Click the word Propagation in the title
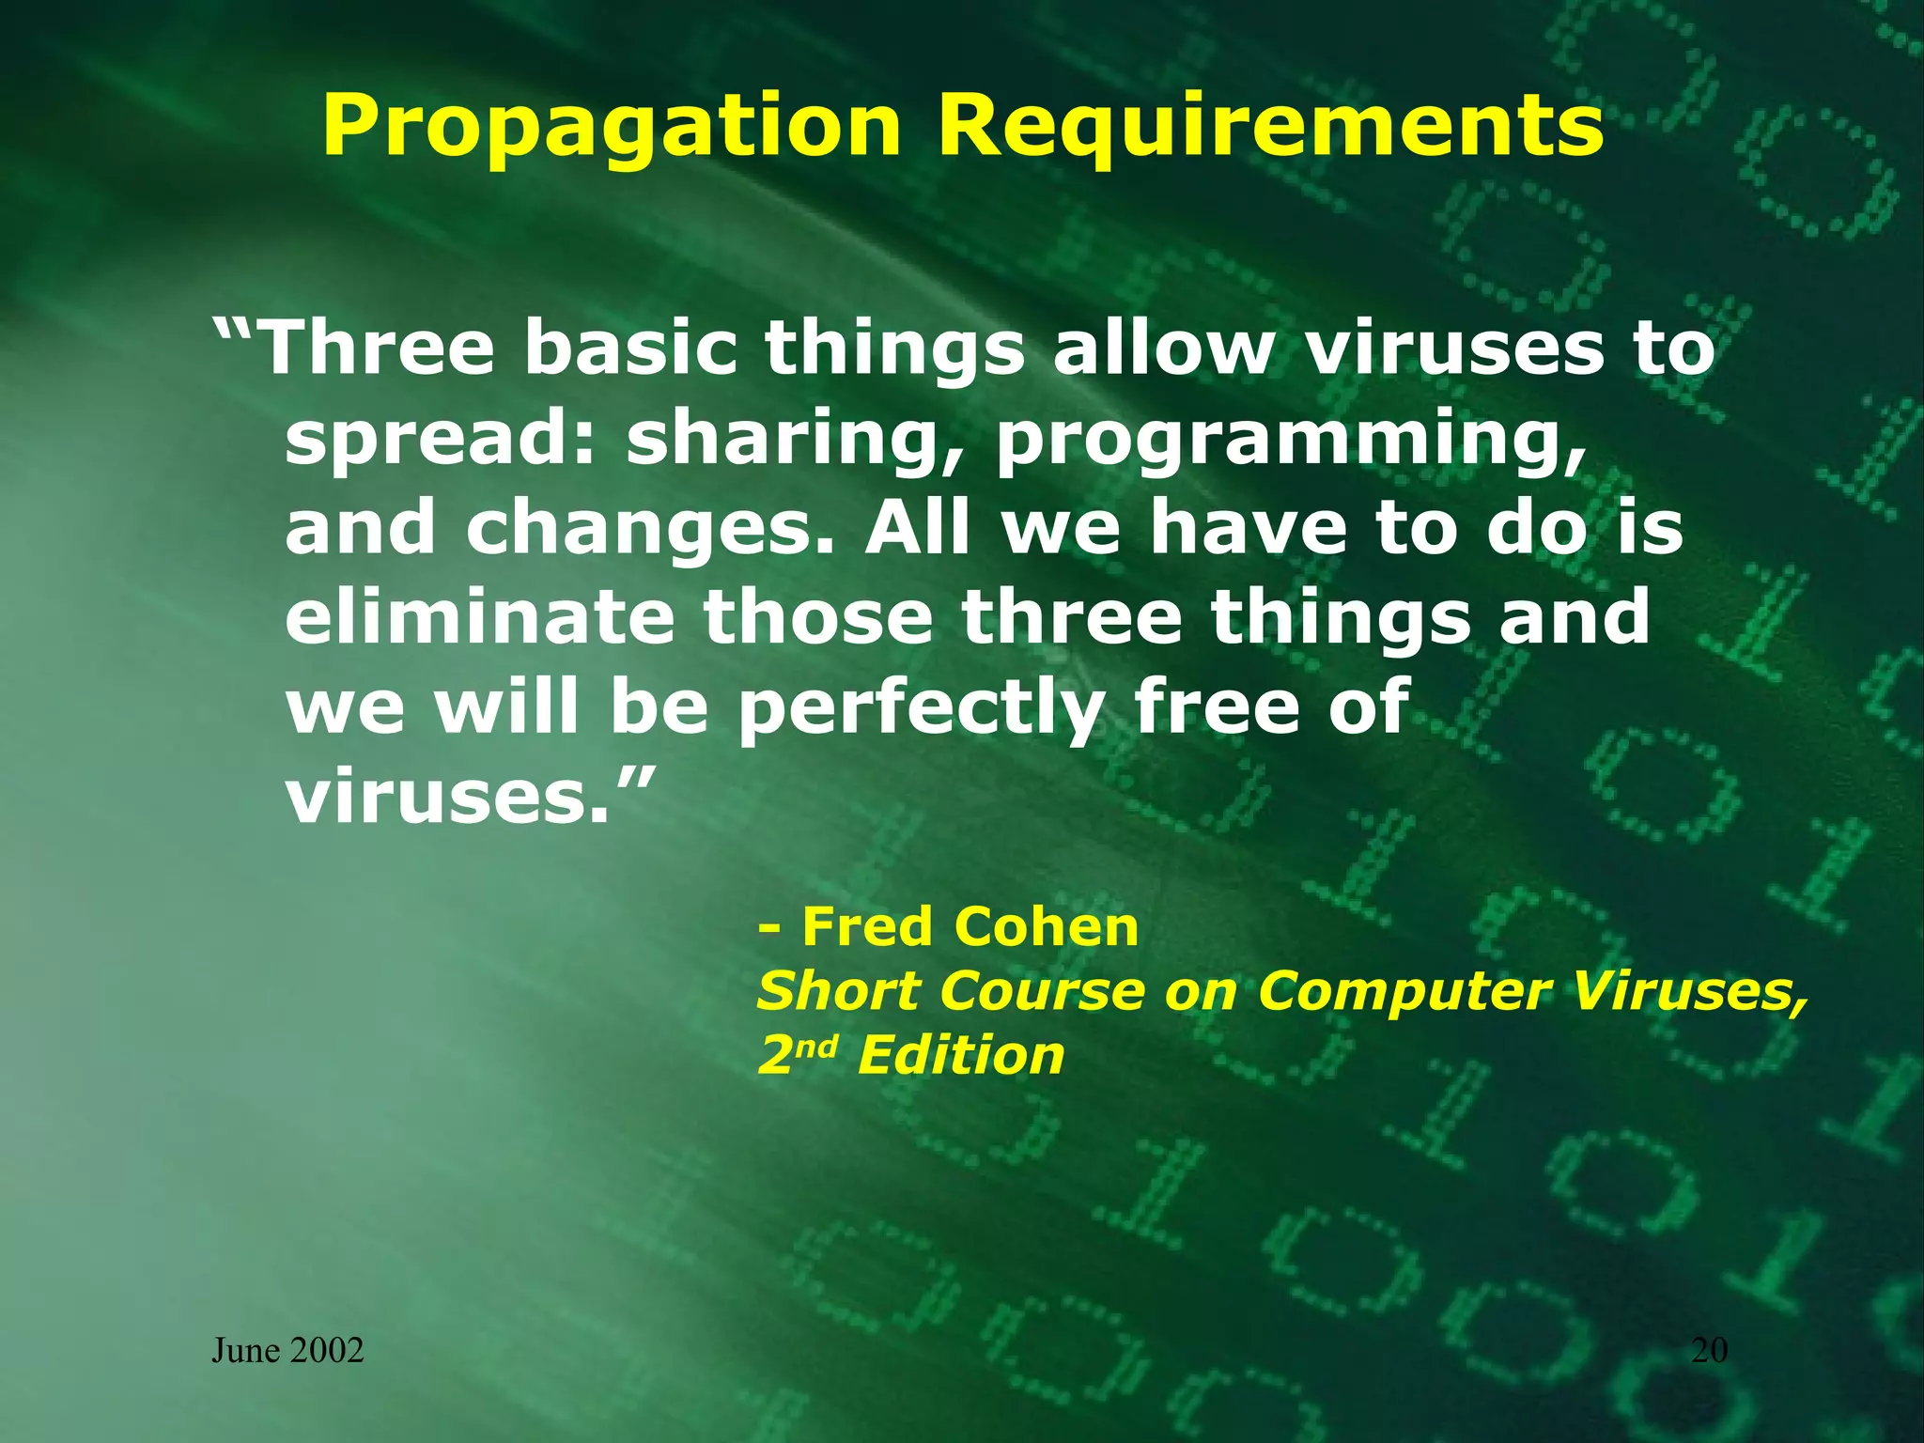pyautogui.click(x=611, y=129)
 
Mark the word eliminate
pyautogui.click(x=479, y=617)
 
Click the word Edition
pyautogui.click(x=960, y=1055)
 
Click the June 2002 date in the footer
pyautogui.click(x=287, y=1351)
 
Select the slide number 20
pyautogui.click(x=1709, y=1351)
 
